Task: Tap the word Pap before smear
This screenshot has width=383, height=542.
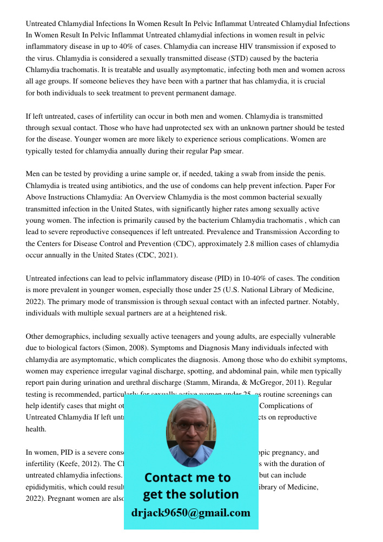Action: (217, 151)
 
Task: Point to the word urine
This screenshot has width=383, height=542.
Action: (127, 174)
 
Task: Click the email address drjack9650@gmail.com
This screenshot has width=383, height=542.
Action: (191, 513)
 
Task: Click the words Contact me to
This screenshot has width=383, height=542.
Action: (187, 478)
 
